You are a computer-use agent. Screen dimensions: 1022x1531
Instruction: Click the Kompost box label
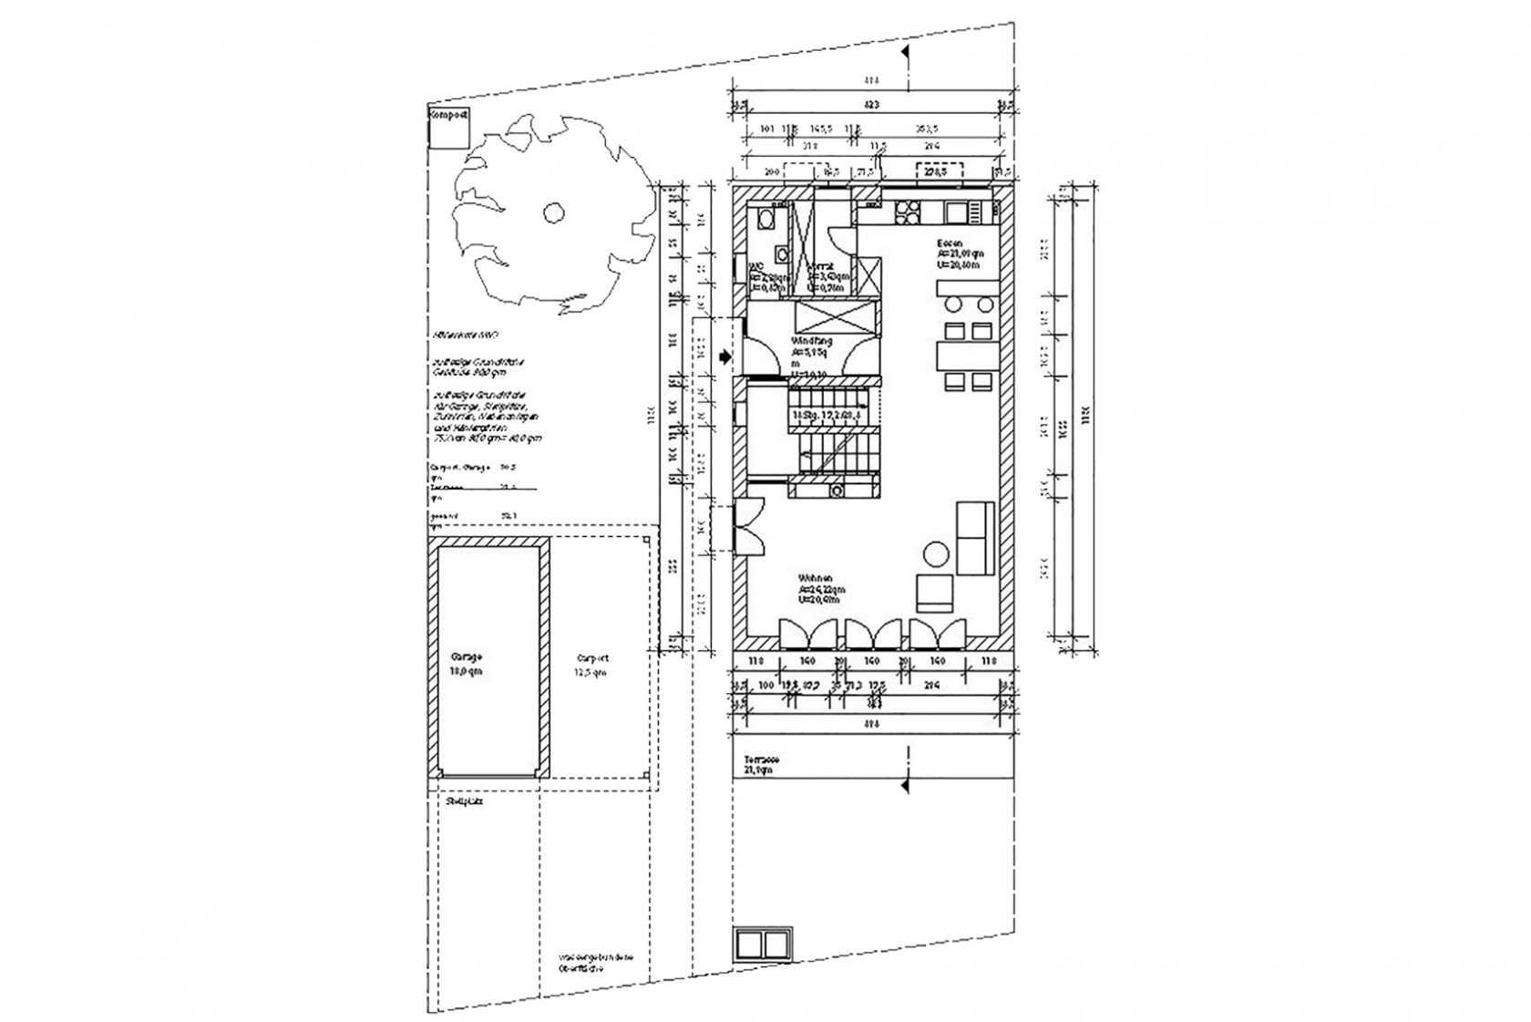tap(448, 116)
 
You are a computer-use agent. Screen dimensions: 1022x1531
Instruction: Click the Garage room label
tap(466, 656)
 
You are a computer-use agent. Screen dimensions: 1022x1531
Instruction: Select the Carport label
tap(592, 657)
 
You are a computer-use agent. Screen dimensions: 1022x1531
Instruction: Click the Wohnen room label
tap(814, 579)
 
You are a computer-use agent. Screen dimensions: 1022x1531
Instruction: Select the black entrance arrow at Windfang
tap(724, 357)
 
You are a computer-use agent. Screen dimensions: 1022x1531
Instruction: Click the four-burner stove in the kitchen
tap(909, 212)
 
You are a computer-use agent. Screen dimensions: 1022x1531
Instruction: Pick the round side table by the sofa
tap(936, 553)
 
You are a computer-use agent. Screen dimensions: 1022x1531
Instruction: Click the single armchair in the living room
tap(933, 593)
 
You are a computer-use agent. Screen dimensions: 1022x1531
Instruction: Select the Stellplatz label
tap(465, 802)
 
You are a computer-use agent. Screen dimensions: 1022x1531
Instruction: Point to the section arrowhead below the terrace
tap(905, 783)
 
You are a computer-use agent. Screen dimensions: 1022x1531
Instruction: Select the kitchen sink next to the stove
tap(956, 212)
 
